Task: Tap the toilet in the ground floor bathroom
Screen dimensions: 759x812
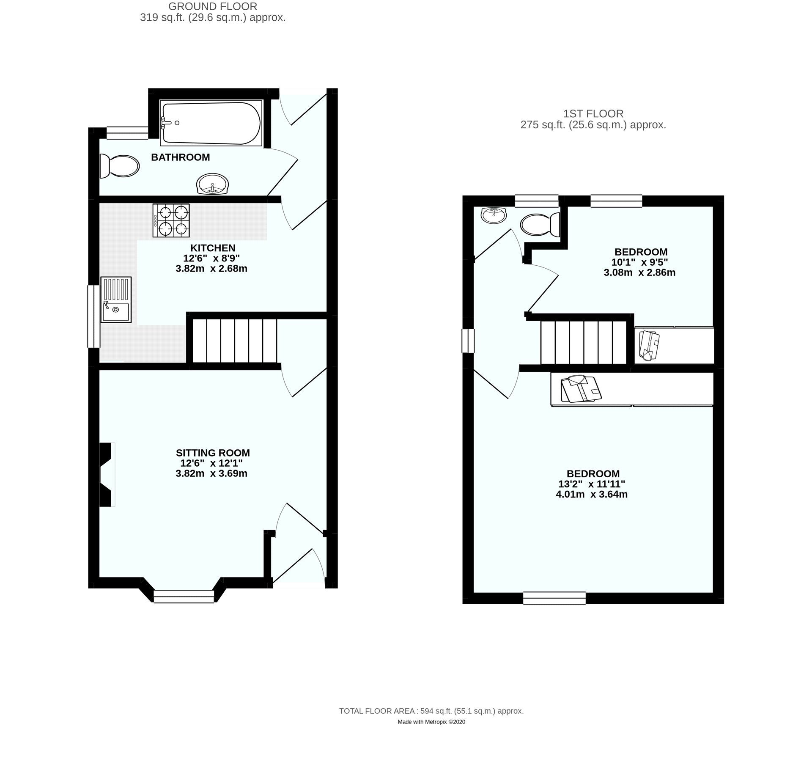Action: (120, 166)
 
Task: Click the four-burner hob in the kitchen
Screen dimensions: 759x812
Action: (171, 220)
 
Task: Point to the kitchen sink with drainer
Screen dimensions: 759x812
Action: (116, 300)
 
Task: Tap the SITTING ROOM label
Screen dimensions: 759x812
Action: (212, 453)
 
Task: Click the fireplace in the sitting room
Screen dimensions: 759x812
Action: (107, 474)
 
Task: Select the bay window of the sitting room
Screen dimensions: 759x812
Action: (184, 596)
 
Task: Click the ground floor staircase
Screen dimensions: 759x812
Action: (234, 341)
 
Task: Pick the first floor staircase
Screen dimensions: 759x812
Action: (583, 342)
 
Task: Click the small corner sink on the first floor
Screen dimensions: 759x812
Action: (493, 215)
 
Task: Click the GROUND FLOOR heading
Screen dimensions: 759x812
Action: (212, 6)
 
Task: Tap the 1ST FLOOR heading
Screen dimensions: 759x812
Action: (593, 113)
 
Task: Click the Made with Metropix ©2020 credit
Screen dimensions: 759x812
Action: (431, 722)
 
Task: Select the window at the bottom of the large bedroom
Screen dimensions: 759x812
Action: (554, 598)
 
